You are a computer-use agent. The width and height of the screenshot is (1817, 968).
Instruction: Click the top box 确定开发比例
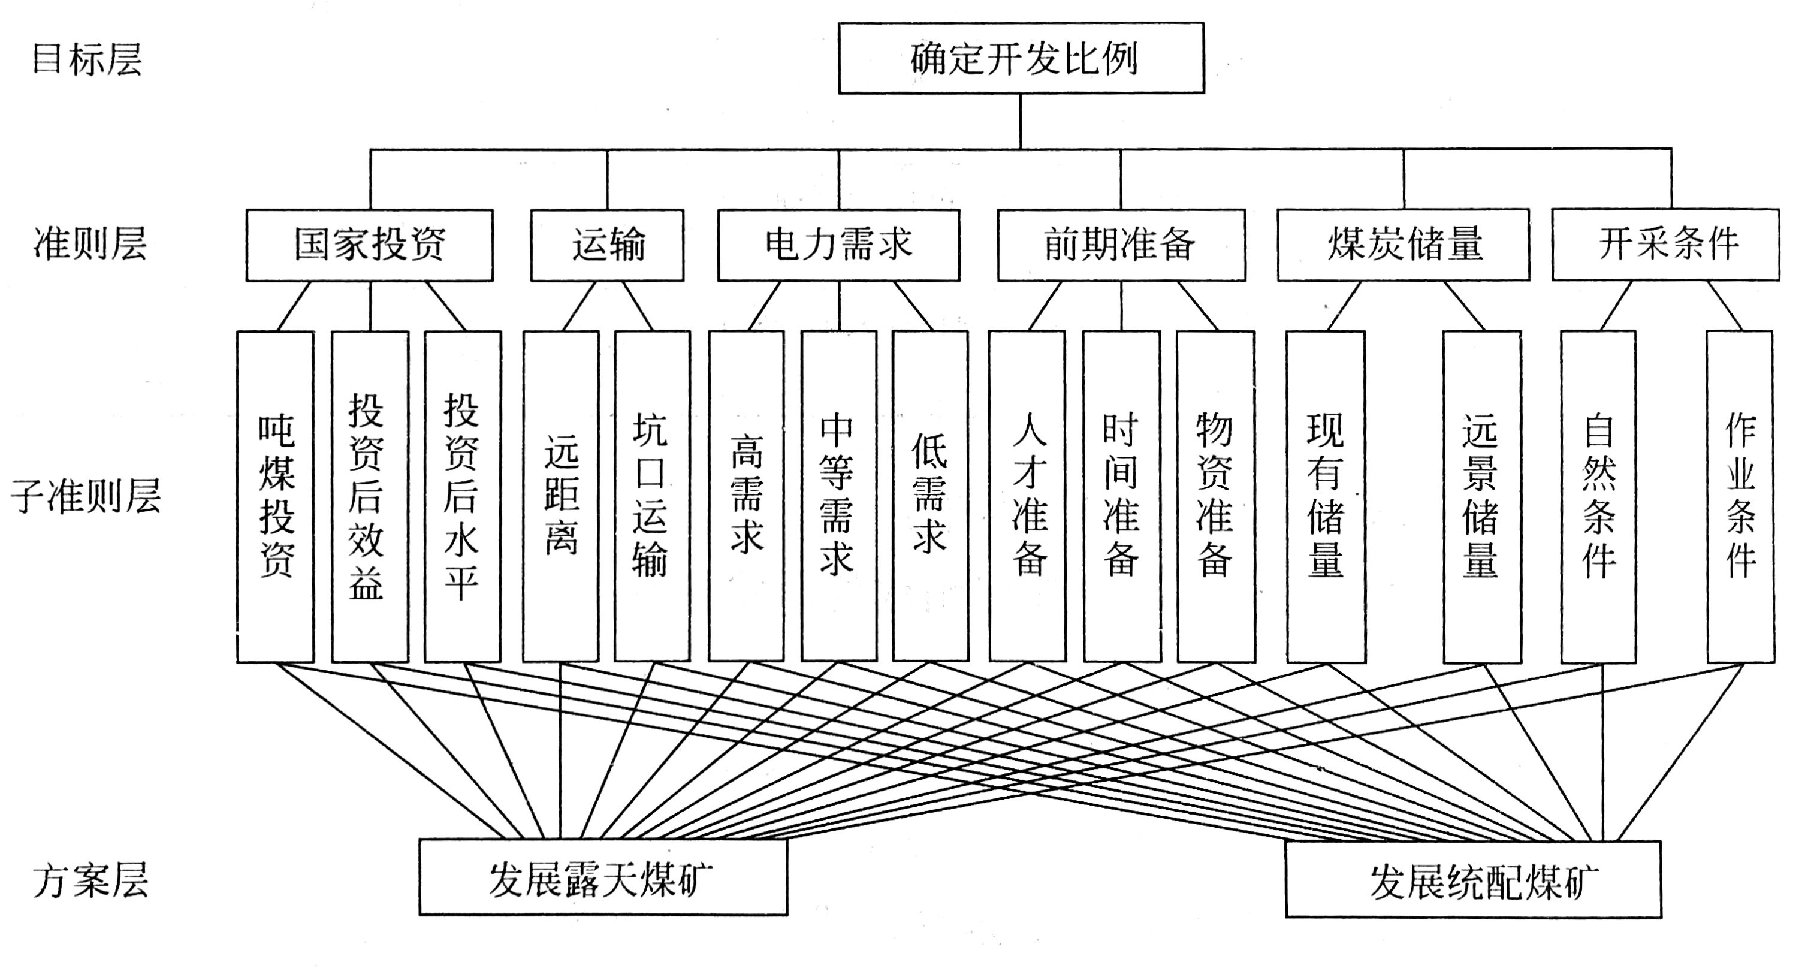coord(1021,58)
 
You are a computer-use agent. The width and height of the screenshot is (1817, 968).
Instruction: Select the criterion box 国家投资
coord(369,245)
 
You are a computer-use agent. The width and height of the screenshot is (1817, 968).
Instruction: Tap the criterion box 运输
coord(606,245)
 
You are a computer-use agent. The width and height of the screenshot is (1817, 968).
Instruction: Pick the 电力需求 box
coord(838,245)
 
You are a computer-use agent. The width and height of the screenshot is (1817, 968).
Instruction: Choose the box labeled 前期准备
coord(1121,245)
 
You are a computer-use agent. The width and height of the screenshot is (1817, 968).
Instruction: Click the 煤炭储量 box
coord(1403,245)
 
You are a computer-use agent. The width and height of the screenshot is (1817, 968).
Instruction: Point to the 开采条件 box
coord(1665,245)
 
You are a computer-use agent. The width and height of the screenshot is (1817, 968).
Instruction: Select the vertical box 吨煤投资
coord(275,496)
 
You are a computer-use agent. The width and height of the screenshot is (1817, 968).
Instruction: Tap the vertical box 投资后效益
coord(370,496)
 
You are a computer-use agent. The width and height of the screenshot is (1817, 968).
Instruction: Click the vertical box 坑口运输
coord(652,496)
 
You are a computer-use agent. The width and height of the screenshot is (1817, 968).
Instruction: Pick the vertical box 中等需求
coord(838,496)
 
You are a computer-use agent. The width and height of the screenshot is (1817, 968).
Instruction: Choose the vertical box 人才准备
coord(1027,496)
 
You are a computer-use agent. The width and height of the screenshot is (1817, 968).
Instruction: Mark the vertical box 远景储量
coord(1481,496)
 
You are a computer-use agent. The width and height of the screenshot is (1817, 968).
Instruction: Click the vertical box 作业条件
coord(1740,496)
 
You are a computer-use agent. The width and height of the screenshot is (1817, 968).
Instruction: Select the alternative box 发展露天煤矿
coord(603,877)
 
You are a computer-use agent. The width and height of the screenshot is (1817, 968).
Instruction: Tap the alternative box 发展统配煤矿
coord(1473,879)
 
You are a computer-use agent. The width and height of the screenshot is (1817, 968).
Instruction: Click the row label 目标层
coord(87,59)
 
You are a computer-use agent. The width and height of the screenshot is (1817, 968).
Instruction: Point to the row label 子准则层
coord(86,496)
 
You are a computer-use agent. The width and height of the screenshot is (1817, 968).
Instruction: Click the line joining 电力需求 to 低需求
coord(913,306)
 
